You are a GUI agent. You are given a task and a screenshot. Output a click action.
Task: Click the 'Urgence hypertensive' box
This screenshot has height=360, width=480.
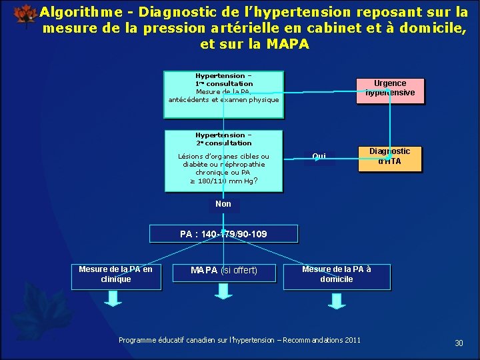click(x=390, y=89)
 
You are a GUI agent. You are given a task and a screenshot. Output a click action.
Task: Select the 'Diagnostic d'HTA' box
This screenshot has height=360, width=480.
click(x=390, y=157)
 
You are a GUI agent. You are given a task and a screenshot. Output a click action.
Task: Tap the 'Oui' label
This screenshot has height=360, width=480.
click(x=319, y=157)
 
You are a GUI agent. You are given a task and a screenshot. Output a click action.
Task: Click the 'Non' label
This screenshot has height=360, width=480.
click(x=223, y=204)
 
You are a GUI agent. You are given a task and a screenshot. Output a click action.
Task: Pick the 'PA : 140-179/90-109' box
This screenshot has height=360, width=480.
click(x=223, y=234)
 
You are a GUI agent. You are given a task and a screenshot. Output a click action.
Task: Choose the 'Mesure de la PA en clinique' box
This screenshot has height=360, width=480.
click(x=115, y=275)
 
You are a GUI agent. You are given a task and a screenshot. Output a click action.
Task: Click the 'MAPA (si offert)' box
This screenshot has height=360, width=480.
click(x=223, y=270)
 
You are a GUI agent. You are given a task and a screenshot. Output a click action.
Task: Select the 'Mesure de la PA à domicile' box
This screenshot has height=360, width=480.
click(x=337, y=274)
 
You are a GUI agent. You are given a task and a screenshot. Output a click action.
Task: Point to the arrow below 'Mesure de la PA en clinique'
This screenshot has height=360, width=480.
click(x=114, y=300)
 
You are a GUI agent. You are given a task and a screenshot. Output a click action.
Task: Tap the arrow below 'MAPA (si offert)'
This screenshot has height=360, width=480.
click(x=224, y=300)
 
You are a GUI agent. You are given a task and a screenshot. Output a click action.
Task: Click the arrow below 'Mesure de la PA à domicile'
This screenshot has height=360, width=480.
click(x=337, y=300)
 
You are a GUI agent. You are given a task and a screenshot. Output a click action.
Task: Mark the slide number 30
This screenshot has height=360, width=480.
click(x=459, y=343)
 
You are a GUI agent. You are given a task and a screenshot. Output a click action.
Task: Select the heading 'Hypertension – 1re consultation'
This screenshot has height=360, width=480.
click(x=224, y=79)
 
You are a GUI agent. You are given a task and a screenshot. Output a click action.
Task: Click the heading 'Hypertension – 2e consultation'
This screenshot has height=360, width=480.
click(x=224, y=139)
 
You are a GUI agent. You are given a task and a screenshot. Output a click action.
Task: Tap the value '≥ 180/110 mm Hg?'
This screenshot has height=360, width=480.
click(x=224, y=181)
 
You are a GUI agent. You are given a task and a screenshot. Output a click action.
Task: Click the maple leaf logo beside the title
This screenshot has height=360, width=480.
click(x=25, y=15)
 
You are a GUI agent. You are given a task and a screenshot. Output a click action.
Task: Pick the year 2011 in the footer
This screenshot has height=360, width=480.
click(x=351, y=340)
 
